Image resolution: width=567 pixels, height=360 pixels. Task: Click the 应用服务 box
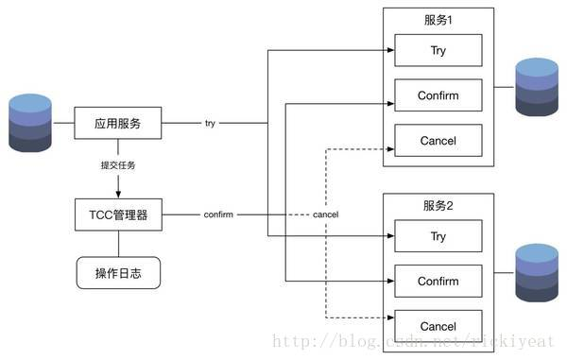pos(119,123)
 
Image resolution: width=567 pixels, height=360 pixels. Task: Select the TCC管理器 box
pos(119,214)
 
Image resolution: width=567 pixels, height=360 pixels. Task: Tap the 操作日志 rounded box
pos(119,274)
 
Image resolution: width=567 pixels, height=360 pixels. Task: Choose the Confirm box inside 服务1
pos(438,95)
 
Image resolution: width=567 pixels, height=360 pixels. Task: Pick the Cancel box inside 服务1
pos(438,141)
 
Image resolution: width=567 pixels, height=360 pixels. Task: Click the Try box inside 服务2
pos(438,236)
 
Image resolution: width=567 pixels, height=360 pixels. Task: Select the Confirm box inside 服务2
pos(438,281)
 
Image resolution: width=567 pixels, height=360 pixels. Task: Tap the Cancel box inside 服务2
pos(438,326)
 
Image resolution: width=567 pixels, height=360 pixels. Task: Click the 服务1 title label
pos(438,20)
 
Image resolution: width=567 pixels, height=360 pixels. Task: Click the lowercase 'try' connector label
pos(210,124)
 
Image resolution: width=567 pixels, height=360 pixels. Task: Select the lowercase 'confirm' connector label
pos(218,215)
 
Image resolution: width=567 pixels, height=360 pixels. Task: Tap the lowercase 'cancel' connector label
pos(325,215)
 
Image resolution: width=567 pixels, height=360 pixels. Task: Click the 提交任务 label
pos(119,166)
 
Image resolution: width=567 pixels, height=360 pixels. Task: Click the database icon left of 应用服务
pos(29,123)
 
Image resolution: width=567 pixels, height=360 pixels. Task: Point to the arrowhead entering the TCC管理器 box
pos(119,195)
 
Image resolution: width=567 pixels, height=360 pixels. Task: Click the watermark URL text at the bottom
pos(416,340)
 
